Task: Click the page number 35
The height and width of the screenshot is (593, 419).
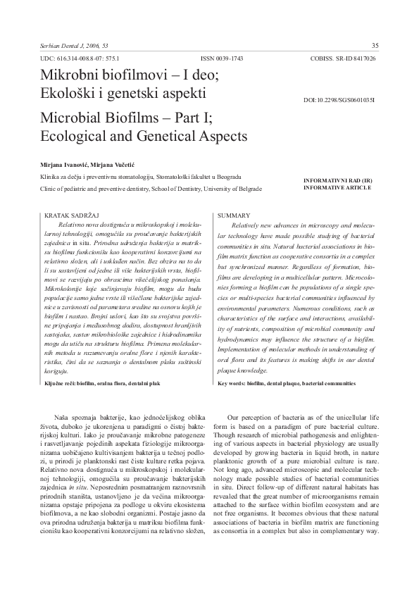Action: (375, 46)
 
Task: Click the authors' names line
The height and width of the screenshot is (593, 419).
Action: (92, 163)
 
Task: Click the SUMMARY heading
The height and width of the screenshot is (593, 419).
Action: (234, 213)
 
